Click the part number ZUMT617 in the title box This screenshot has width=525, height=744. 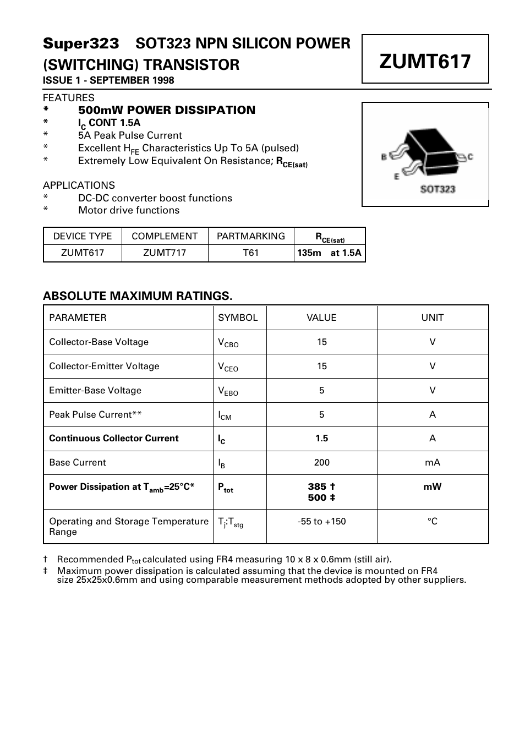pyautogui.click(x=425, y=61)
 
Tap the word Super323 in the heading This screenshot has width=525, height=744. pyautogui.click(x=81, y=43)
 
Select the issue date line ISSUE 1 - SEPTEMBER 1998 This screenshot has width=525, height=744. pyautogui.click(x=108, y=80)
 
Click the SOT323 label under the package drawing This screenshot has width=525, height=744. pyautogui.click(x=437, y=189)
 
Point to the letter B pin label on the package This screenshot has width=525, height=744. pyautogui.click(x=384, y=157)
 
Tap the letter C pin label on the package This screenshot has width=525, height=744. pyautogui.click(x=471, y=157)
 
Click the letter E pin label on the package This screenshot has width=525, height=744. pyautogui.click(x=396, y=177)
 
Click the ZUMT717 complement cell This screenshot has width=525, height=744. pyautogui.click(x=165, y=253)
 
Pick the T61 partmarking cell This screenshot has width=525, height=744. pyautogui.click(x=250, y=253)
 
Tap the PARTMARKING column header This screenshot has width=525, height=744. pyautogui.click(x=250, y=236)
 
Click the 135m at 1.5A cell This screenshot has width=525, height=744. pyautogui.click(x=329, y=253)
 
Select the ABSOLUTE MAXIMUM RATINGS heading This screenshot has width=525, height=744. pyautogui.click(x=138, y=296)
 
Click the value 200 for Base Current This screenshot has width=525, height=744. pyautogui.click(x=321, y=463)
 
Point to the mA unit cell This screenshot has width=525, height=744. pyautogui.click(x=432, y=463)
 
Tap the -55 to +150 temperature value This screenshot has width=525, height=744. pyautogui.click(x=321, y=522)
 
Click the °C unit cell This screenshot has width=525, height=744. pyautogui.click(x=432, y=522)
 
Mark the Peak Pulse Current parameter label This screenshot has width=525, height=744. pyautogui.click(x=95, y=415)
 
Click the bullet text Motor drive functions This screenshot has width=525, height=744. pyautogui.click(x=128, y=210)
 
